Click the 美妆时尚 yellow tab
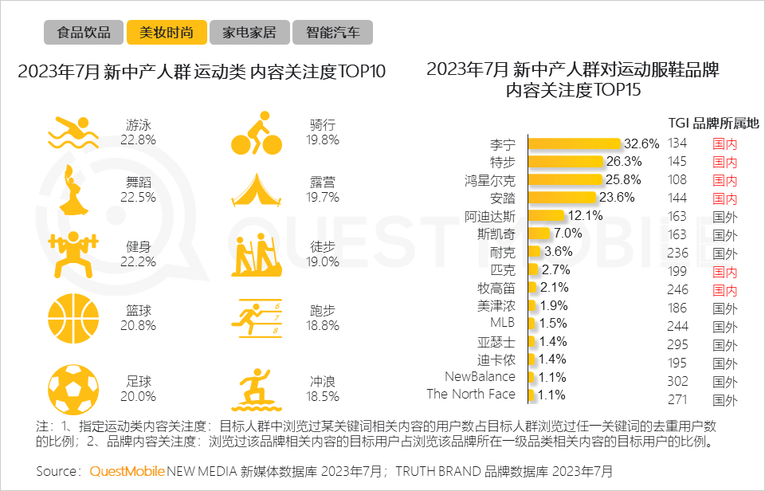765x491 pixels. pyautogui.click(x=166, y=33)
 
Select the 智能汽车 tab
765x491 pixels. pyautogui.click(x=332, y=33)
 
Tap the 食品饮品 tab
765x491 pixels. pyautogui.click(x=83, y=33)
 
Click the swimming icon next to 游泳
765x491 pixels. pyautogui.click(x=73, y=132)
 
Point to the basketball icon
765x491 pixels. pyautogui.click(x=73, y=316)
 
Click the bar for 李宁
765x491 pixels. pyautogui.click(x=575, y=143)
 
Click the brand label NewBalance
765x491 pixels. pyautogui.click(x=480, y=376)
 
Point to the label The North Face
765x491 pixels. pyautogui.click(x=471, y=394)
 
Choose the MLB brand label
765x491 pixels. pyautogui.click(x=502, y=323)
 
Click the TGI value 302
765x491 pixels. pyautogui.click(x=677, y=382)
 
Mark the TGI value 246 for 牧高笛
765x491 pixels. pyautogui.click(x=677, y=290)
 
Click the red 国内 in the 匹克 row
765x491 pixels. pyautogui.click(x=724, y=273)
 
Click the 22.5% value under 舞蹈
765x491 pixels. pyautogui.click(x=138, y=197)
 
